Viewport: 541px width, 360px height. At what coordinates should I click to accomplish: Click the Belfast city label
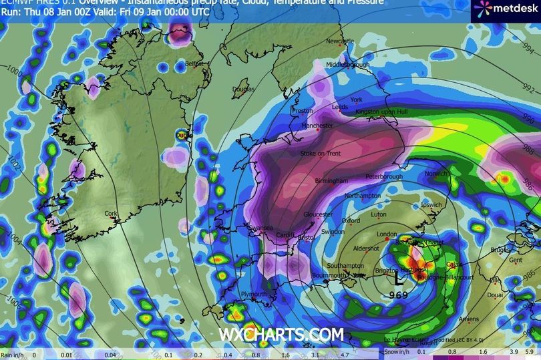click(194, 63)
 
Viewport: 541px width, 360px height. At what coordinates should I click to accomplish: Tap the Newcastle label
click(339, 41)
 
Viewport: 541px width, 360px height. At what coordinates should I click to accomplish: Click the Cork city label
click(111, 214)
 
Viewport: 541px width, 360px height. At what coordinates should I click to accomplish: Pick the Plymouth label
click(253, 294)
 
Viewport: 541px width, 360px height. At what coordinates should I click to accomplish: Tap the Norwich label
click(435, 174)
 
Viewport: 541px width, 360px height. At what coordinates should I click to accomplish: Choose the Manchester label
click(317, 126)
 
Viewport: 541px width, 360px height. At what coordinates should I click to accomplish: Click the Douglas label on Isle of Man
click(243, 89)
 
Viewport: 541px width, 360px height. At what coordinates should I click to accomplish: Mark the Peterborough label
click(384, 177)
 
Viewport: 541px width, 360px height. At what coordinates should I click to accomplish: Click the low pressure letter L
click(399, 275)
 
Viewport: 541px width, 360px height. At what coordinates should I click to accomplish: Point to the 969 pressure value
click(398, 294)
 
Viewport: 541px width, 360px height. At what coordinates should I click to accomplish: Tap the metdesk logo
click(502, 9)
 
